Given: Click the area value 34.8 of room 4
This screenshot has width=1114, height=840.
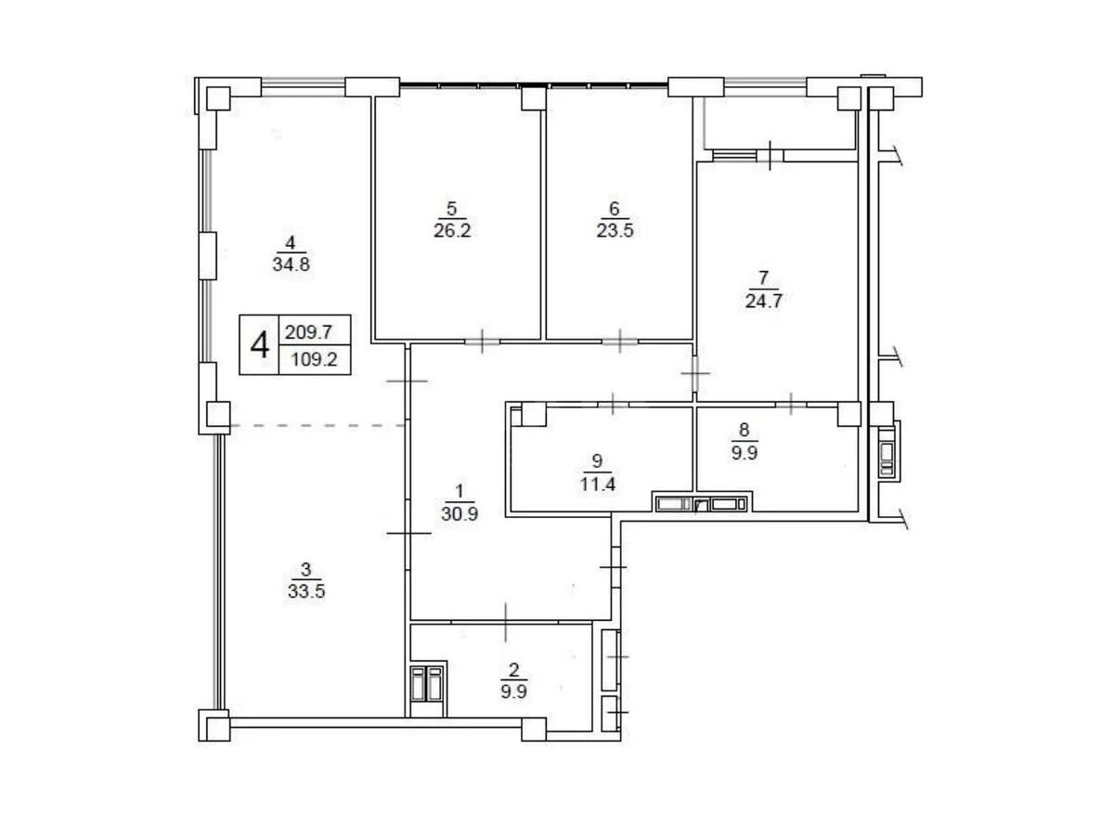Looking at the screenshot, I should coord(291,263).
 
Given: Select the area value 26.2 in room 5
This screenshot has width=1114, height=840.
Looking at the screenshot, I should coord(452,230).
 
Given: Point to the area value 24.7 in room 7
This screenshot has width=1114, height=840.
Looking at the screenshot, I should coord(764,299).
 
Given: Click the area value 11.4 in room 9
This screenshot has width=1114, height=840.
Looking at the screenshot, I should coord(597,481).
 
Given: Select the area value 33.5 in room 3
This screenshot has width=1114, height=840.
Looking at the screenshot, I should coord(306,588).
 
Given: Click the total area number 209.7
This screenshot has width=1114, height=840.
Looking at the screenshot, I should coord(316,330).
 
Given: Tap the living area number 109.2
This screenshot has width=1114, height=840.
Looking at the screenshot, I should coord(316,359).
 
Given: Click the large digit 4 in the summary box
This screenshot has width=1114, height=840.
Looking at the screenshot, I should coord(260,345).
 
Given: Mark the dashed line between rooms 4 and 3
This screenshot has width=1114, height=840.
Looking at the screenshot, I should coord(316,425).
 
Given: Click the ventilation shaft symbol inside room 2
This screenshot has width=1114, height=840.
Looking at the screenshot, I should coord(428,686).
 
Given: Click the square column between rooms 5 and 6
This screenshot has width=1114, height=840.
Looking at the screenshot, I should coord(533,97).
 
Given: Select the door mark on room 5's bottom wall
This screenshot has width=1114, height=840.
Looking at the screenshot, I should coord(482,341).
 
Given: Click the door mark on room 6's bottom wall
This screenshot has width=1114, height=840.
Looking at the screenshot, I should coord(619,341).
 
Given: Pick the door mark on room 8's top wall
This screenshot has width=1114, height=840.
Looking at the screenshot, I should coord(790,403).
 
